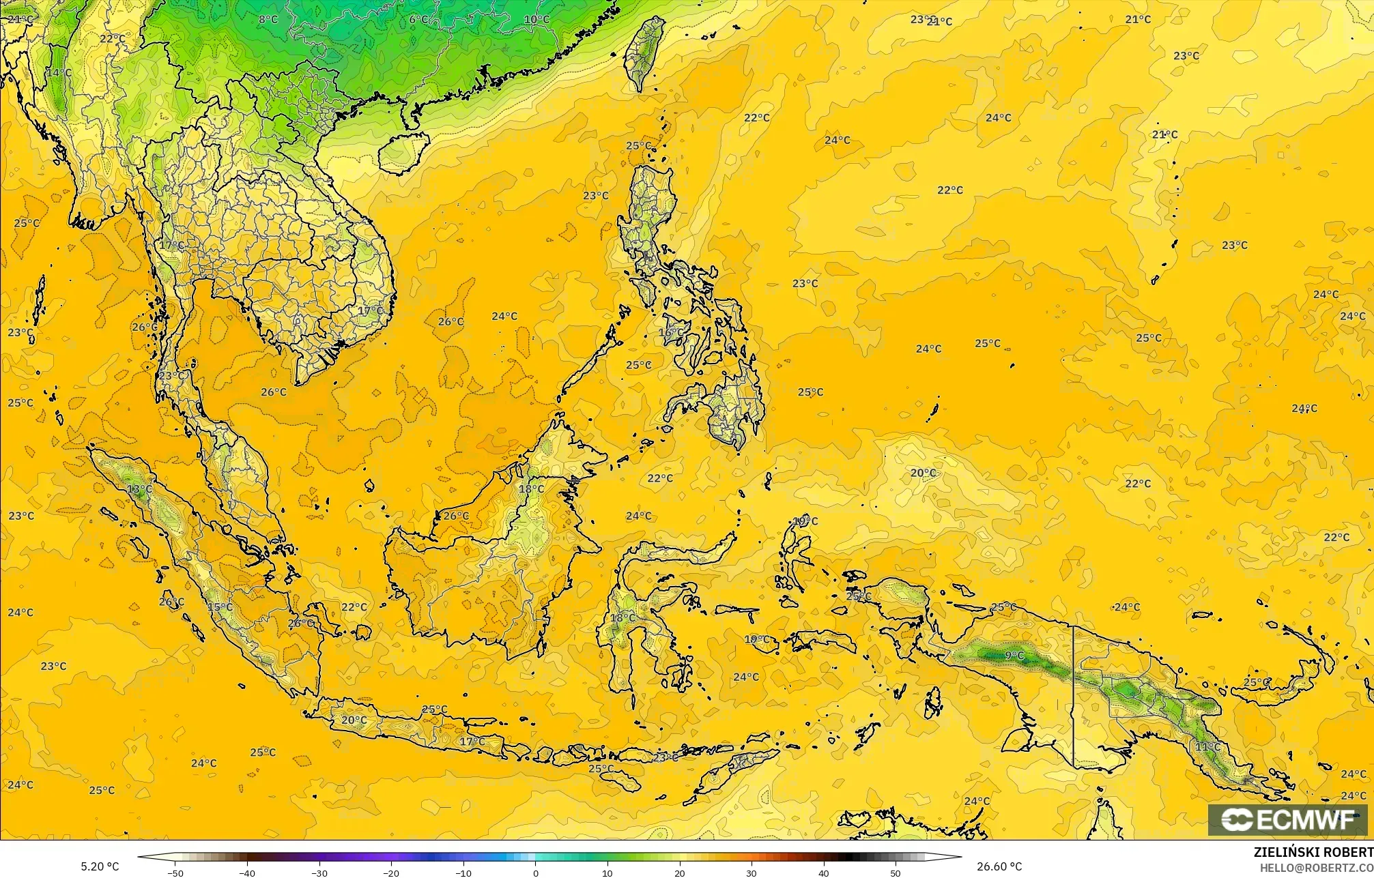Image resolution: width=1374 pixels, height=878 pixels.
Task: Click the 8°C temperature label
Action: coord(268,19)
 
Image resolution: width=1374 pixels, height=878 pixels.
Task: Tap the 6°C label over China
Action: coord(418,19)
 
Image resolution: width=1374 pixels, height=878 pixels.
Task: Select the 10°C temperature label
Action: coord(536,19)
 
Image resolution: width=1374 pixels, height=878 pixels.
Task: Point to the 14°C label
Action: coord(59,72)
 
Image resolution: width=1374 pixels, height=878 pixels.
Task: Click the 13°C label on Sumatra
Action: coord(139,489)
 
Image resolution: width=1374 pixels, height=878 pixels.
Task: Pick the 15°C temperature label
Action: coord(220,607)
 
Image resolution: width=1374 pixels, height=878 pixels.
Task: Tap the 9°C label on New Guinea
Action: coord(1014,656)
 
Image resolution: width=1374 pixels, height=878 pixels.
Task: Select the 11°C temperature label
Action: coord(1207,748)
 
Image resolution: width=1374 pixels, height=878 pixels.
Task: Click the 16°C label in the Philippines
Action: coord(670,332)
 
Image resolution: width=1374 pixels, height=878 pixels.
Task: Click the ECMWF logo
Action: coord(1289,821)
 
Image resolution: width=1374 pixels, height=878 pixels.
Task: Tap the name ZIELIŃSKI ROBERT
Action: coord(1313,852)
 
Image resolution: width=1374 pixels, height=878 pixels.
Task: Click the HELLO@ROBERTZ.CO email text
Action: coord(1316,868)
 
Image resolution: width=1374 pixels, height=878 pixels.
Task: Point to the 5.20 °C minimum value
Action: coord(100,866)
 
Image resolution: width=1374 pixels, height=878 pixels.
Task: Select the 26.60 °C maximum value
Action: coord(999,866)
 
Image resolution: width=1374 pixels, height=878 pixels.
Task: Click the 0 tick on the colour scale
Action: coord(536,873)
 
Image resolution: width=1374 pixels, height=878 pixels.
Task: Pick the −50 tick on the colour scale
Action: coord(175,873)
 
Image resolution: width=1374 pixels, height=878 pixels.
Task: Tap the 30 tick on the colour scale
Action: coord(752,873)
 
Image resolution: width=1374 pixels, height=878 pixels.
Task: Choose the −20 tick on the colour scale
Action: coord(392,873)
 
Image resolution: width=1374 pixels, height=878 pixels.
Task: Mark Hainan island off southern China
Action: coord(402,151)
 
